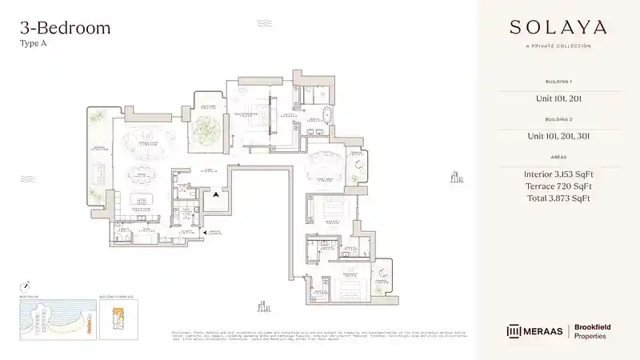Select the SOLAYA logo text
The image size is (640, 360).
click(x=558, y=28)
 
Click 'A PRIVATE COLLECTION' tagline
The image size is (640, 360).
click(x=558, y=46)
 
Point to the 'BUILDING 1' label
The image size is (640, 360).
click(x=558, y=82)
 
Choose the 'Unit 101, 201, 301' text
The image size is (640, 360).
click(x=558, y=136)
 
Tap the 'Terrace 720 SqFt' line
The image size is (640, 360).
click(x=558, y=186)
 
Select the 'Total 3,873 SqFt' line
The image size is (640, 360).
click(x=558, y=198)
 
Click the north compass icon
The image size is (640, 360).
click(x=26, y=285)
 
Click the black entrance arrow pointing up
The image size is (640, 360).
click(x=215, y=194)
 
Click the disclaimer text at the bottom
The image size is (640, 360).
click(x=320, y=335)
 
